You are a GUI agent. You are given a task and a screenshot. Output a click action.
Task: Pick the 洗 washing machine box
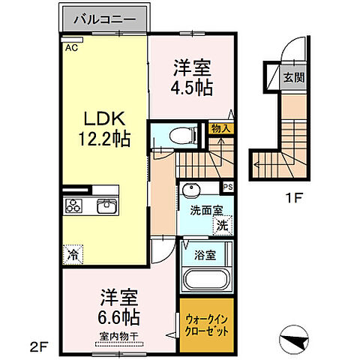(x=222, y=223)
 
